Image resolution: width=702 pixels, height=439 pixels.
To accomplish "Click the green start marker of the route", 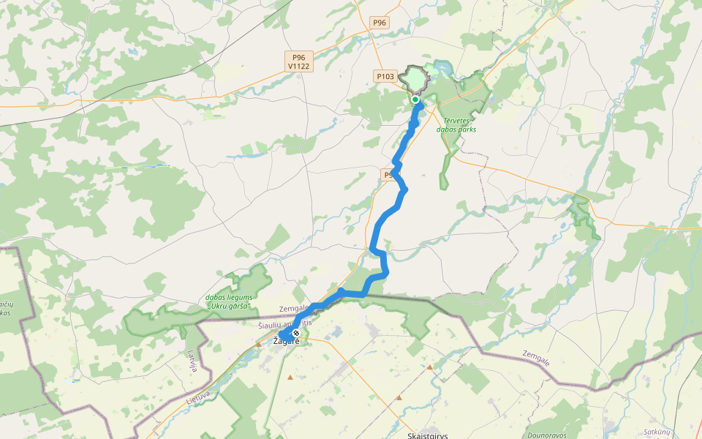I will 415,100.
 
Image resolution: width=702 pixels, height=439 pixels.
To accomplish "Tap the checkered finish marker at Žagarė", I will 295,333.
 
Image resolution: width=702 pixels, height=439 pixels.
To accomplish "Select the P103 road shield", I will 385,76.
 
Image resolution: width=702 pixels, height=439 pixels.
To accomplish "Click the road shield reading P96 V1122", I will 299,61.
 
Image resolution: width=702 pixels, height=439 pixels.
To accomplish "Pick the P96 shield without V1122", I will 379,23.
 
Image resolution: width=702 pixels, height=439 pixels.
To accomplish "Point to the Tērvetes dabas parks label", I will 456,124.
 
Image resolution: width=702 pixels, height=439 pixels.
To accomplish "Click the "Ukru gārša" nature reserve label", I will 229,302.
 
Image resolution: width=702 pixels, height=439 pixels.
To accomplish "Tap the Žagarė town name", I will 286,342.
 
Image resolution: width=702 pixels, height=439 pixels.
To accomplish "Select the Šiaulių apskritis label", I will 284,323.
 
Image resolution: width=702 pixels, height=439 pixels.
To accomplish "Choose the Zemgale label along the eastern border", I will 536,358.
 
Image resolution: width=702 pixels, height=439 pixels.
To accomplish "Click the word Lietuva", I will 198,399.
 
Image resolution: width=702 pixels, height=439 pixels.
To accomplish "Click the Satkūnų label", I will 656,432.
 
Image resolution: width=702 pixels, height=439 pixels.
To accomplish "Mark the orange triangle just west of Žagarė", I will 259,343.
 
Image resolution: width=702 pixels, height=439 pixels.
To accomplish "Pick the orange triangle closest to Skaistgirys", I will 399,398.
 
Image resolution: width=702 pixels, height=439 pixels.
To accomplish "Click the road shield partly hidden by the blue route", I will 389,175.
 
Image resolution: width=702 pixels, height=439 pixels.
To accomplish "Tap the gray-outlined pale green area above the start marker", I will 415,78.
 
